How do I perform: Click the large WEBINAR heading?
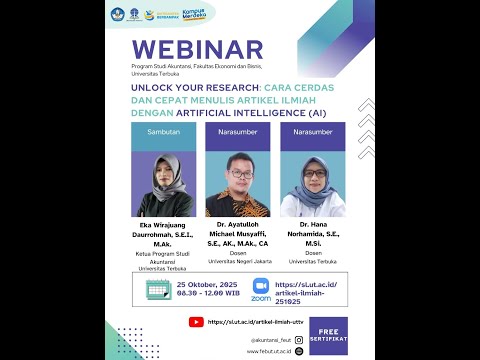[197, 50]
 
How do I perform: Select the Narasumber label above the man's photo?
[237, 131]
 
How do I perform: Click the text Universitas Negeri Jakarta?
[238, 257]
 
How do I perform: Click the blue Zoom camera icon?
[261, 286]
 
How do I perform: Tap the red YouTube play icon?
[197, 322]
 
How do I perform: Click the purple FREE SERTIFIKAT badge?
[327, 331]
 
